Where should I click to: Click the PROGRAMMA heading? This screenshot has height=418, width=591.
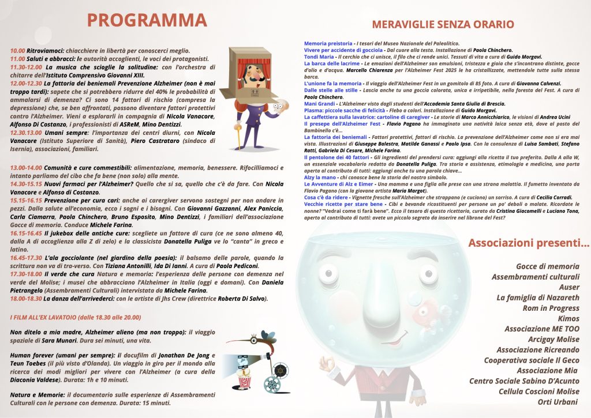click(147, 20)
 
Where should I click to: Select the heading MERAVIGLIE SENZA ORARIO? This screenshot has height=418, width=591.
click(443, 24)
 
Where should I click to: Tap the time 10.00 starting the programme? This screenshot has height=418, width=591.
click(17, 51)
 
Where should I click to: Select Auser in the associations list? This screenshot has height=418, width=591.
click(569, 287)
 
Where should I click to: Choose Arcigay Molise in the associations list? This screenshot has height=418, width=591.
click(553, 339)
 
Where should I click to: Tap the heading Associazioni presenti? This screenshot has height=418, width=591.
click(528, 243)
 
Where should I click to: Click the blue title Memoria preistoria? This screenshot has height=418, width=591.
click(328, 44)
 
